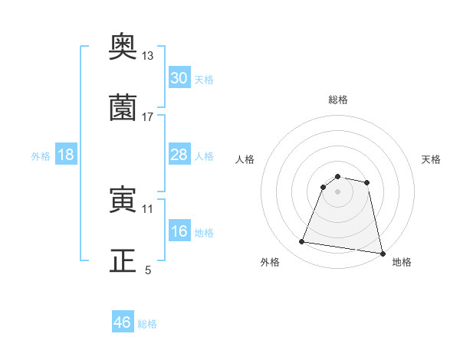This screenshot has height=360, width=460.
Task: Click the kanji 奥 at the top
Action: (x=123, y=49)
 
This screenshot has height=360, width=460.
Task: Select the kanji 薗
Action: (x=123, y=109)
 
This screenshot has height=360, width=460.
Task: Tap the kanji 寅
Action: (x=123, y=201)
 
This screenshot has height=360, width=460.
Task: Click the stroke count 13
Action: (x=148, y=56)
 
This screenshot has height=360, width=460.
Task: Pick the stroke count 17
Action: (x=148, y=116)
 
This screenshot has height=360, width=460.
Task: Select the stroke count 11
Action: (x=148, y=208)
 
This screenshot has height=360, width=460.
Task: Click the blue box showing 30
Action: (x=179, y=78)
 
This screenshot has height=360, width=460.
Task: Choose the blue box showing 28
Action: (x=179, y=155)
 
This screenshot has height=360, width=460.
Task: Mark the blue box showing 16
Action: (x=179, y=231)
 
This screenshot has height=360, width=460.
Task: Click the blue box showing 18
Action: (x=65, y=155)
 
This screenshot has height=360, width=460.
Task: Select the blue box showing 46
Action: (x=123, y=322)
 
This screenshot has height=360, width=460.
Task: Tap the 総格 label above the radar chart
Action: (x=338, y=100)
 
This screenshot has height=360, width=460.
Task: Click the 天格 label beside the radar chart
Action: (x=432, y=159)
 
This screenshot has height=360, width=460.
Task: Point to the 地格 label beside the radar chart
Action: (x=402, y=262)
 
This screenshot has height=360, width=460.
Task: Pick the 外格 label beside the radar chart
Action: (x=270, y=262)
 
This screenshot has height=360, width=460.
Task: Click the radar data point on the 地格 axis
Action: (x=381, y=253)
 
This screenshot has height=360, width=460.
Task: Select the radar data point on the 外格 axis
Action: (x=302, y=242)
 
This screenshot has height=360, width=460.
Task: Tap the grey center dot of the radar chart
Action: (x=338, y=191)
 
